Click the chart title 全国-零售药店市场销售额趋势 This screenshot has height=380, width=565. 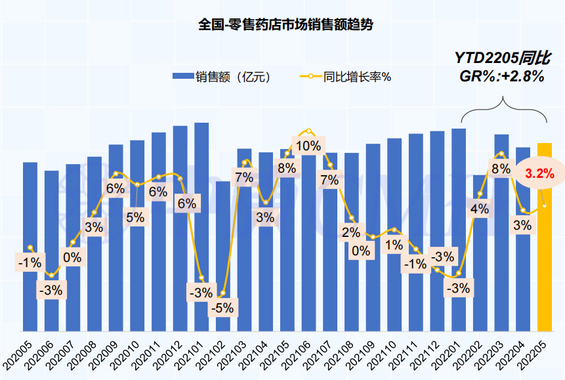[285, 24]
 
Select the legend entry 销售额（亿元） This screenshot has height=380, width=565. [221, 76]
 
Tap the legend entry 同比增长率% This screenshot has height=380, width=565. [346, 76]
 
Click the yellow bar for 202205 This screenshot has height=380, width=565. [545, 237]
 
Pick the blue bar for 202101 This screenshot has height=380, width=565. [201, 227]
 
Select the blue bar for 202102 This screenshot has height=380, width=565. [223, 257]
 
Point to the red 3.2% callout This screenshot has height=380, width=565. [539, 174]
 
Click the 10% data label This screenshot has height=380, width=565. [308, 146]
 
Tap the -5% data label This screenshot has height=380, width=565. [222, 308]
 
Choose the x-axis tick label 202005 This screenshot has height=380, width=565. [17, 356]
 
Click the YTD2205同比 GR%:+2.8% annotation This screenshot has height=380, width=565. [502, 67]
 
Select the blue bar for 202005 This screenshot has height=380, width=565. [30, 247]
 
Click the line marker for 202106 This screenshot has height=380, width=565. [309, 131]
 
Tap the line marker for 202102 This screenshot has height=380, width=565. [223, 293]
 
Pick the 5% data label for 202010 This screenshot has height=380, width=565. [135, 217]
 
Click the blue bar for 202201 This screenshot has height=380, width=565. [459, 230]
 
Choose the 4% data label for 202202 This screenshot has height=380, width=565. [480, 209]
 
